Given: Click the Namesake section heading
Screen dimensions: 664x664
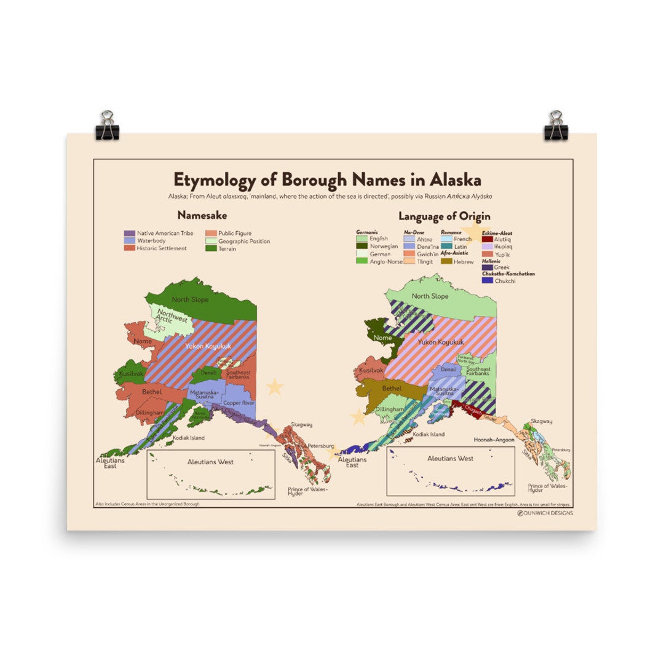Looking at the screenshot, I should tap(202, 216).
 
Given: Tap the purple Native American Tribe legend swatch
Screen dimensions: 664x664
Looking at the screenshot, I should tap(129, 234).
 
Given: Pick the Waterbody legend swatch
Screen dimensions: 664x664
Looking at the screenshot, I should tap(129, 241).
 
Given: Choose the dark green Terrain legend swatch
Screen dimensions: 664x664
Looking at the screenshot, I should tap(210, 249).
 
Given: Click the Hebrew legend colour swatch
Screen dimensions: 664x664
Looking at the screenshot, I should tap(446, 261).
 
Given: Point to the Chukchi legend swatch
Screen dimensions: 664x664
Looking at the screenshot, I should tap(488, 281).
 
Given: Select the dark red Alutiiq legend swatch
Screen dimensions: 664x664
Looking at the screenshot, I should tap(488, 240).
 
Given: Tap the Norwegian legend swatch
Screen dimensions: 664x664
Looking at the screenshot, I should tap(362, 246).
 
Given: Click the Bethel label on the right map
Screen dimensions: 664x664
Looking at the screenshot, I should tap(392, 389).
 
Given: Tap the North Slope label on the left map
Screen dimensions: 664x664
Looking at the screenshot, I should tap(190, 299).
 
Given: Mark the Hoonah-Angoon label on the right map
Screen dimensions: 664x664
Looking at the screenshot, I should tap(494, 440).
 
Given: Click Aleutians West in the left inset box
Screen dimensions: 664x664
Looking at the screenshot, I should tap(210, 462).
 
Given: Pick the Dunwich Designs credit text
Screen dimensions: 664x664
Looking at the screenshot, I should tap(547, 513).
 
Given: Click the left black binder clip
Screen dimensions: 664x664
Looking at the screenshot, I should tap(107, 126).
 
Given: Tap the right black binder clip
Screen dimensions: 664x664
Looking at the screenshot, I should tap(556, 126).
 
